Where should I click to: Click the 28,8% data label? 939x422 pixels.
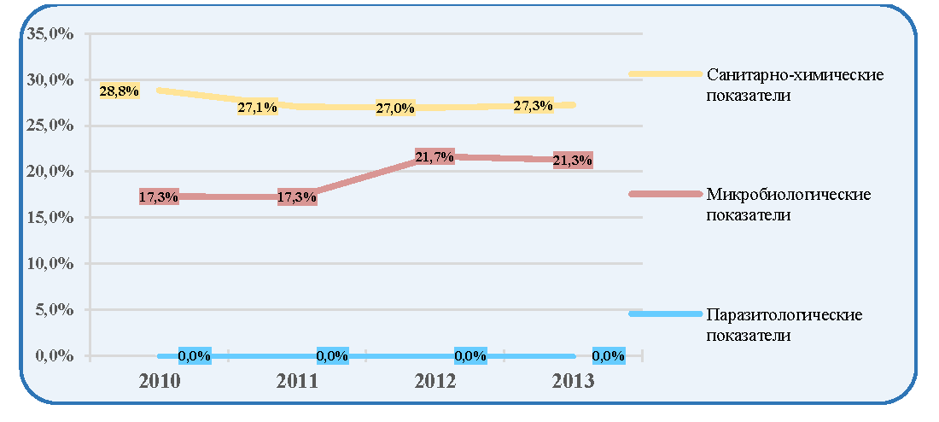point(120,91)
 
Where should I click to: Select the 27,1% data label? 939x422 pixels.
point(258,108)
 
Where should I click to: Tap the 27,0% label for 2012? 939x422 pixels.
point(396,108)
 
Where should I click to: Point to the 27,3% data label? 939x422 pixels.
point(533,106)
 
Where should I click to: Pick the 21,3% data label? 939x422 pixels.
point(573,160)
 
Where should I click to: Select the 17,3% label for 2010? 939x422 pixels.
point(159,196)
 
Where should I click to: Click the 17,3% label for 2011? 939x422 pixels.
point(297,197)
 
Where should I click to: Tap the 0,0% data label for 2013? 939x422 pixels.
point(609,355)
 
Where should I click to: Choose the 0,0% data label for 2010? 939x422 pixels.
point(195,355)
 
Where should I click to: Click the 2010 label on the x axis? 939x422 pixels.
point(160,382)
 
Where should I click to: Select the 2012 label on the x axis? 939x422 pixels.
point(435,382)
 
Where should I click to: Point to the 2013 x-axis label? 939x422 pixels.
point(573,382)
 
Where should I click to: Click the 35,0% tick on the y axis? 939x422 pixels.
point(50,34)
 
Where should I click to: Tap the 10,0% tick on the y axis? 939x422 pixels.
point(50,263)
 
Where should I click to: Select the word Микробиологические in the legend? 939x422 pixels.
point(789,195)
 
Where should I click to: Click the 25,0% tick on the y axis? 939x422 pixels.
point(50,126)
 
